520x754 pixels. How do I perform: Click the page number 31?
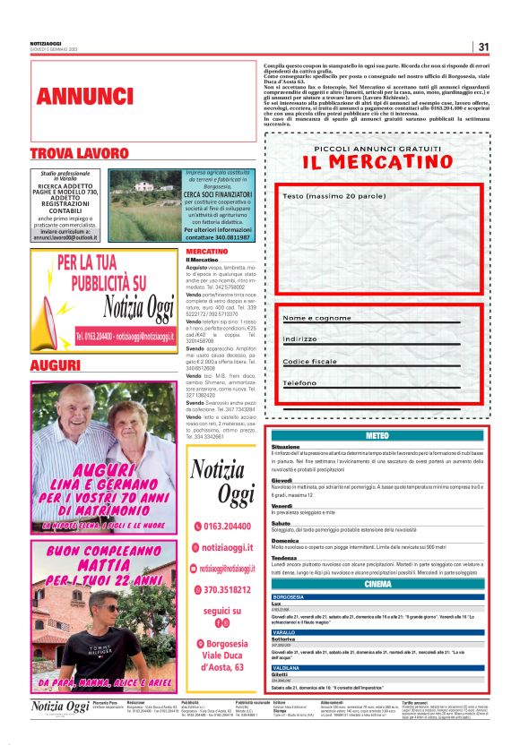pyautogui.click(x=482, y=47)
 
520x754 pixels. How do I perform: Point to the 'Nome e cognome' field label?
pyautogui.click(x=316, y=318)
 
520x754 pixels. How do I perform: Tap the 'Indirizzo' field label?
pyautogui.click(x=300, y=339)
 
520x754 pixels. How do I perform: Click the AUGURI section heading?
pyautogui.click(x=56, y=365)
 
